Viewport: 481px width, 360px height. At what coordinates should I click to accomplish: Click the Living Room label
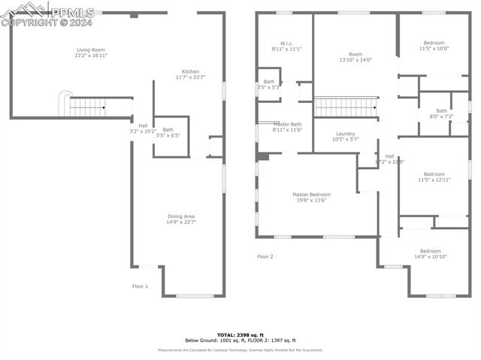pos(90,53)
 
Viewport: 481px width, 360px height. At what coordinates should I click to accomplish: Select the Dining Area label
pos(180,219)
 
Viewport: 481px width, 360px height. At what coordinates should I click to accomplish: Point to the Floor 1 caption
pos(141,286)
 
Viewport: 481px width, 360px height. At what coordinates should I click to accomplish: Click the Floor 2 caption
pos(265,257)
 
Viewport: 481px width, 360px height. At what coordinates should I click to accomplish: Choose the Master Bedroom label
pos(311,197)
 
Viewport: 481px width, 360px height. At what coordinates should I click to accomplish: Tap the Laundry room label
pos(346,136)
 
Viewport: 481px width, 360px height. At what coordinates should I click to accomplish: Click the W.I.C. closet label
pos(286,46)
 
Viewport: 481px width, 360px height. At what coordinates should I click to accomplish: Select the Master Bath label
pos(286,127)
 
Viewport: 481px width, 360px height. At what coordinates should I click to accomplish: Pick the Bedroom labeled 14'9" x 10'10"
pos(431,254)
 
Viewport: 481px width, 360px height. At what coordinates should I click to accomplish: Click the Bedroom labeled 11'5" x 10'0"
pos(434,46)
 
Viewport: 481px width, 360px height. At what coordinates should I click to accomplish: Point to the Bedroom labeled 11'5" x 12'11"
pos(433,177)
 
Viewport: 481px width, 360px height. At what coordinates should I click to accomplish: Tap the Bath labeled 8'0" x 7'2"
pos(441,113)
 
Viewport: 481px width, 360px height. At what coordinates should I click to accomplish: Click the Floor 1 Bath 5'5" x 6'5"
pos(168,132)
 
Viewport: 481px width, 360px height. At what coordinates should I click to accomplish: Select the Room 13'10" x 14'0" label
pos(355,57)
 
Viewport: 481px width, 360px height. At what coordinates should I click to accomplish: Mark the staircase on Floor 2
pos(345,107)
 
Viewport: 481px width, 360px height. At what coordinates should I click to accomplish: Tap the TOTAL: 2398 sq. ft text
pos(240,334)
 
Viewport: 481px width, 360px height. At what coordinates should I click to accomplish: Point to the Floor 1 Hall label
pos(142,129)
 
